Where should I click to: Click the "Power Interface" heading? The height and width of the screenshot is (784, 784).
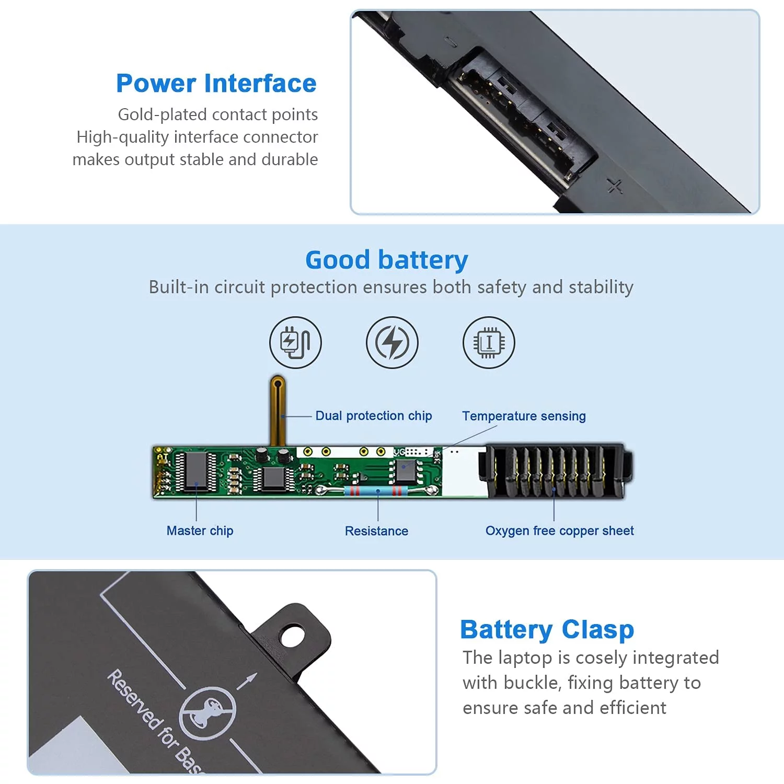(216, 84)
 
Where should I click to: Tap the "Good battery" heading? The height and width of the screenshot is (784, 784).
(387, 260)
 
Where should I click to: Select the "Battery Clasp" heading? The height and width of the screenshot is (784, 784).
(547, 630)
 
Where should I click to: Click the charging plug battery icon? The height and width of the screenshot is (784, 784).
(295, 342)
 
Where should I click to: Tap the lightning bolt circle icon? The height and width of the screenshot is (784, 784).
(392, 342)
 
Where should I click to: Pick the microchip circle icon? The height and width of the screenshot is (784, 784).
(489, 342)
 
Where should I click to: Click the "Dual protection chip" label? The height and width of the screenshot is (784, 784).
(374, 416)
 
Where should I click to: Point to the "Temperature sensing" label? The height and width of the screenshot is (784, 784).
(524, 416)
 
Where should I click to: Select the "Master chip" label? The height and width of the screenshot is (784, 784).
(200, 531)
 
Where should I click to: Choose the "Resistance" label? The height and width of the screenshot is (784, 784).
(376, 531)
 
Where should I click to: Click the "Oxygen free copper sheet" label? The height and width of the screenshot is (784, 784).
(559, 531)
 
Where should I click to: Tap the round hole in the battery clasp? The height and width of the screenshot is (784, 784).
(292, 636)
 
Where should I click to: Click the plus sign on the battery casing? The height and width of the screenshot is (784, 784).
(615, 185)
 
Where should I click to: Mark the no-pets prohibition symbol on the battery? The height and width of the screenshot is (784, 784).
(207, 713)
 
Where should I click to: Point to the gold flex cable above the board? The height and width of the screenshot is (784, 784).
(278, 410)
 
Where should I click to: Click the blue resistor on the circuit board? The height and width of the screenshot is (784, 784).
(376, 490)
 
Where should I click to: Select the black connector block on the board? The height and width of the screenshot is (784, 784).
(555, 471)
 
